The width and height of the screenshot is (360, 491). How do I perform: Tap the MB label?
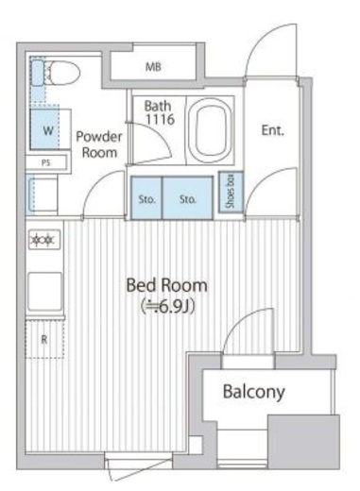click(x=153, y=67)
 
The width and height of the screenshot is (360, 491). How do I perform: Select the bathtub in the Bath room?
click(x=211, y=130)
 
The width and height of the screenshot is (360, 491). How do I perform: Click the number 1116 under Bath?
click(x=160, y=119)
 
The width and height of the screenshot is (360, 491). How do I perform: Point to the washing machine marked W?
click(x=50, y=129)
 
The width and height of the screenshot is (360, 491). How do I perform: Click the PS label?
click(x=46, y=163)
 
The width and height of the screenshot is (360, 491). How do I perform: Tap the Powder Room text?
click(x=99, y=144)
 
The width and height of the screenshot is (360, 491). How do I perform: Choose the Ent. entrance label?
click(x=272, y=130)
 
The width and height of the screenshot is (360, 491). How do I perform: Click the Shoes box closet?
click(x=231, y=192)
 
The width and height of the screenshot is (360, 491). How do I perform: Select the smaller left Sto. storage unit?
click(x=146, y=197)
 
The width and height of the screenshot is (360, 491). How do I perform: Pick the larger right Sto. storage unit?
click(x=188, y=197)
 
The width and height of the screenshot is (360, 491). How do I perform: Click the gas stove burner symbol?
click(x=44, y=240)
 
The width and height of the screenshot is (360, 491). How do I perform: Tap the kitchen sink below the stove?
click(x=45, y=292)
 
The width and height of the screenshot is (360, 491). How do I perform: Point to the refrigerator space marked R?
click(x=44, y=339)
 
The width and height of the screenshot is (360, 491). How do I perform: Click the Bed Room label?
click(x=167, y=285)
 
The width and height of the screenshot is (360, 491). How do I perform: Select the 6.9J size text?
click(x=167, y=307)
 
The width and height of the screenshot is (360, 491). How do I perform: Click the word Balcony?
click(x=254, y=392)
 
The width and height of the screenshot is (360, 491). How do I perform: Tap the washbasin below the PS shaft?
click(x=42, y=195)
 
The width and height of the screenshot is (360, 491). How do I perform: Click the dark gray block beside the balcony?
click(x=303, y=442)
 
